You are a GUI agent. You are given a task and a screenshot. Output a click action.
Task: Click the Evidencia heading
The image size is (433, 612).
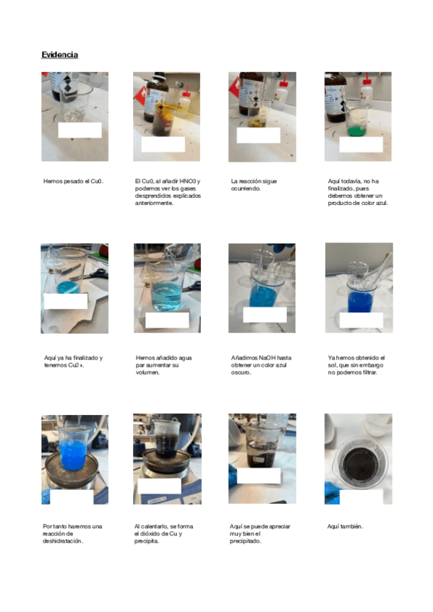(60, 55)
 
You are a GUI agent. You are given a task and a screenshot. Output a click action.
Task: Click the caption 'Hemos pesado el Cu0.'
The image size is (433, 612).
(74, 181)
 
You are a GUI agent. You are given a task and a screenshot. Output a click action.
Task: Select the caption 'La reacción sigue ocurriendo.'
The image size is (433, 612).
(254, 185)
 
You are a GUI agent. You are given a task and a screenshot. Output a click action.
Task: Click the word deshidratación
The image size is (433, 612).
(63, 541)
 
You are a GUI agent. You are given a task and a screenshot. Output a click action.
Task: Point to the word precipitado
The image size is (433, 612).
(246, 541)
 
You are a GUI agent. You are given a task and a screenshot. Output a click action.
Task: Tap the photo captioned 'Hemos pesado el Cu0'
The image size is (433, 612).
(75, 117)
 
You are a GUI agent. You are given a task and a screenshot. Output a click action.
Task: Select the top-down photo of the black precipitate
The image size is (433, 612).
(359, 459)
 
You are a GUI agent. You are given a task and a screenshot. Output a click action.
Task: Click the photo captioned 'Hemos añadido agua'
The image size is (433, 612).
(167, 288)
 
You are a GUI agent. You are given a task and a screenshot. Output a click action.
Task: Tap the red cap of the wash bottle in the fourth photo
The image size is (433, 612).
(366, 81)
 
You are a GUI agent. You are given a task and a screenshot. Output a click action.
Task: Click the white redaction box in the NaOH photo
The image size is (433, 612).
(265, 315)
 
